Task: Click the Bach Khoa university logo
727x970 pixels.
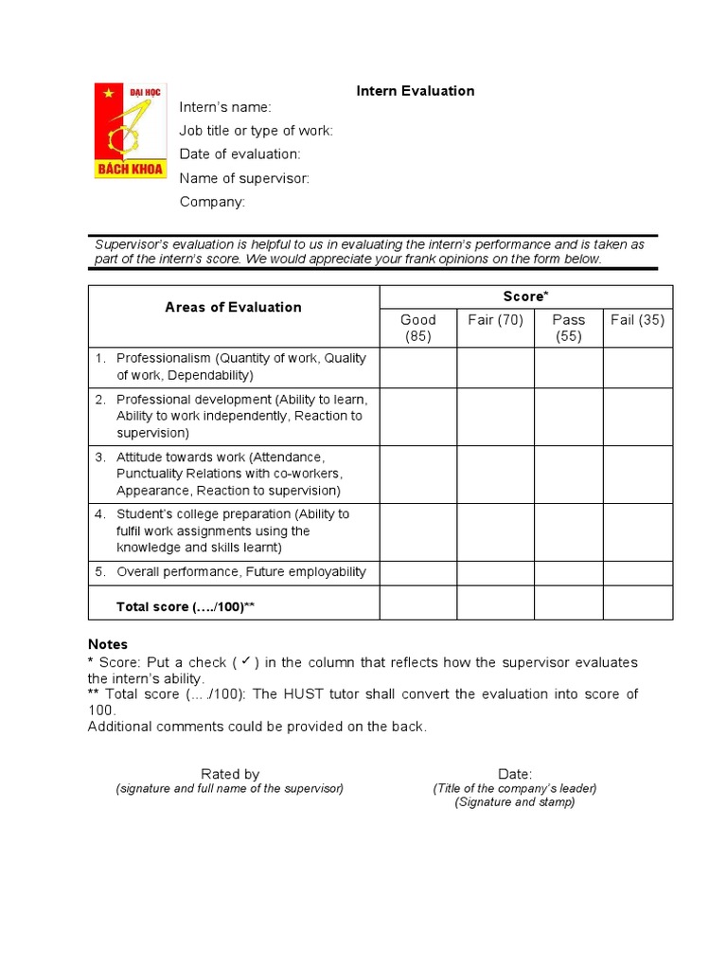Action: tap(130, 131)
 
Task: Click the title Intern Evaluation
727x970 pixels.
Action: tap(415, 91)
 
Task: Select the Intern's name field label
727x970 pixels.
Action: tap(225, 107)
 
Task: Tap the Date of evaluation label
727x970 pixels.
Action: tap(239, 154)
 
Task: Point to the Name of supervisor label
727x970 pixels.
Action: tap(244, 178)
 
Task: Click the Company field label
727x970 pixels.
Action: tap(212, 202)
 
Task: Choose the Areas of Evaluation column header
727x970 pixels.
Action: tap(233, 307)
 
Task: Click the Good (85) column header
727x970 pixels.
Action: tap(417, 328)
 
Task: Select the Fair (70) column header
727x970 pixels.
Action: tap(495, 320)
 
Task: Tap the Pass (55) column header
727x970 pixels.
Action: tap(569, 328)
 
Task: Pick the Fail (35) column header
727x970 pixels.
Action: tap(638, 320)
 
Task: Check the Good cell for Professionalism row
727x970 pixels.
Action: tap(417, 368)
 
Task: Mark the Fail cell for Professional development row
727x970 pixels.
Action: tap(638, 417)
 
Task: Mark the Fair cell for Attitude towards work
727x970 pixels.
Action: tap(495, 475)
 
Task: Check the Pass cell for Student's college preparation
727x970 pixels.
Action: tap(569, 531)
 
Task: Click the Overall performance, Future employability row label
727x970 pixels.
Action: tap(240, 572)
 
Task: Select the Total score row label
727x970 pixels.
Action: tap(186, 606)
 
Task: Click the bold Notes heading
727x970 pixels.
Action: tap(108, 644)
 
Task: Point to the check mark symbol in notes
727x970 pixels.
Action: tap(243, 661)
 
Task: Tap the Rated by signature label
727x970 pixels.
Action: tap(230, 774)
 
